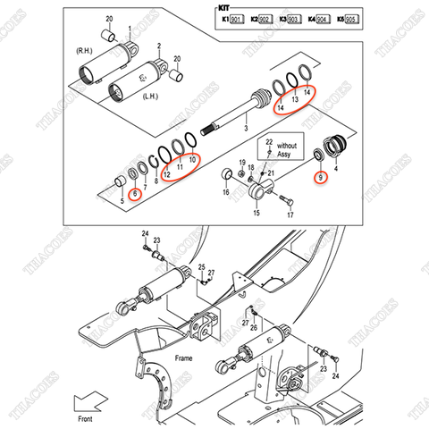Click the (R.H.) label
88,51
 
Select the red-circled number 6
136,194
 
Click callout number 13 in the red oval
293,100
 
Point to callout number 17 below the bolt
290,215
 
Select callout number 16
225,191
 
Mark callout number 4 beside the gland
335,166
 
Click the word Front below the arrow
86,417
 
